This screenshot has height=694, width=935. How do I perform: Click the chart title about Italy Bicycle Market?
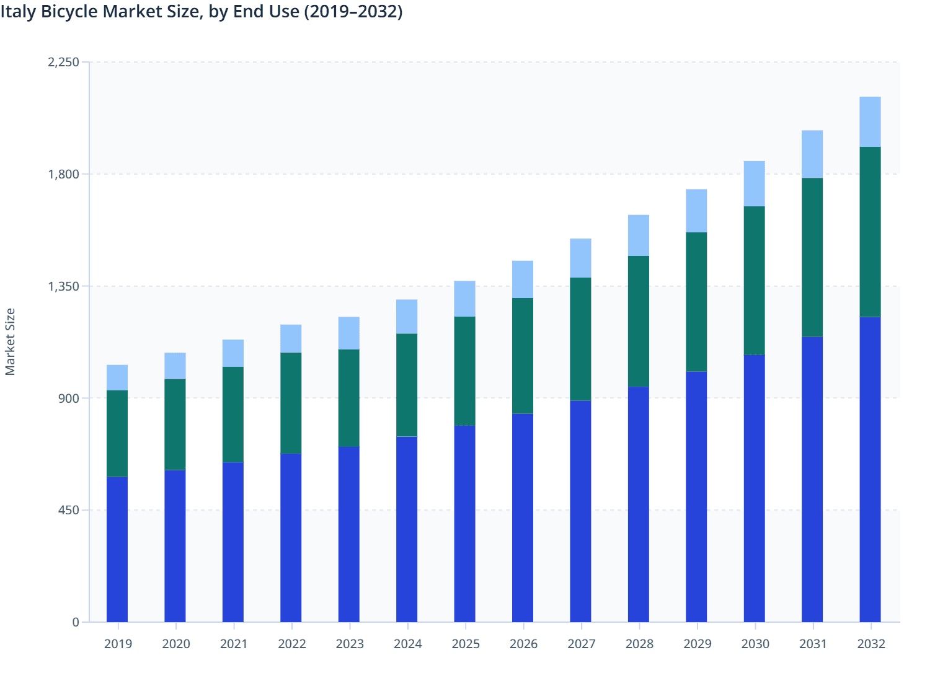pos(202,12)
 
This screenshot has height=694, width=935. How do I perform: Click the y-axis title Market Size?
pos(10,341)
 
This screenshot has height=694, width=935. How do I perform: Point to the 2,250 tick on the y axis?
pos(63,62)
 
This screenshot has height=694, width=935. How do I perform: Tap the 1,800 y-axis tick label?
pos(63,174)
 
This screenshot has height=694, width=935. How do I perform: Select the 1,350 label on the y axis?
pos(63,286)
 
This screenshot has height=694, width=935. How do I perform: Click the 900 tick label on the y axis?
pos(69,398)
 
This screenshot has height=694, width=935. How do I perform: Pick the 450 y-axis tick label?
pos(69,510)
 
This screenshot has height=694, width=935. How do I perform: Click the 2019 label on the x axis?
pos(118,644)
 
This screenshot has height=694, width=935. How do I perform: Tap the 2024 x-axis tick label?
pos(407,644)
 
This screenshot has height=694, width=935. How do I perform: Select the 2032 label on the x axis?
pos(871,644)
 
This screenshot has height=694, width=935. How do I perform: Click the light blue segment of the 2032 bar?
pos(870,122)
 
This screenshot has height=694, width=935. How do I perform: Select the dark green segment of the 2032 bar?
pos(870,232)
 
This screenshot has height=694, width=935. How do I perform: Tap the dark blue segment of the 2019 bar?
pos(117,549)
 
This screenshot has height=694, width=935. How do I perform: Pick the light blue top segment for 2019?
pos(117,377)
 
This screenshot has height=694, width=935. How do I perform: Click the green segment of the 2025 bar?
pos(464,371)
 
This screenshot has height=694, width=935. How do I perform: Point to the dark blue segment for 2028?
pos(638,504)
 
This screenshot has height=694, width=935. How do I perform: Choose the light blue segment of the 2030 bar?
pos(754,183)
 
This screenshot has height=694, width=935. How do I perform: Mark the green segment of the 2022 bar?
pos(291,403)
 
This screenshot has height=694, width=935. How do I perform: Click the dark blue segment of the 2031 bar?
pos(812,479)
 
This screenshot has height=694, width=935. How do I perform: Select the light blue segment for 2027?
pos(580,258)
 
